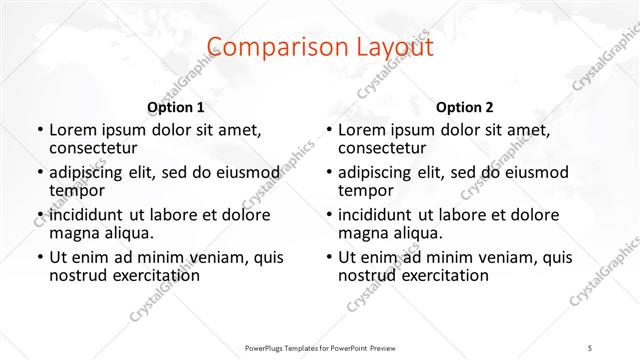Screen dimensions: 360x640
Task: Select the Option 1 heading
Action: (x=176, y=107)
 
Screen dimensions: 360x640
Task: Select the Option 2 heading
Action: (x=465, y=107)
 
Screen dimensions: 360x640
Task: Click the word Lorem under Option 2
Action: (x=360, y=130)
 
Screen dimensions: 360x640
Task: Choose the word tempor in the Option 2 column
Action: (x=365, y=190)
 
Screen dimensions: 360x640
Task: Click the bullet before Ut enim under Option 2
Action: (x=329, y=257)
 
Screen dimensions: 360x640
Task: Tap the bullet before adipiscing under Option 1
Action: (x=40, y=172)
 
